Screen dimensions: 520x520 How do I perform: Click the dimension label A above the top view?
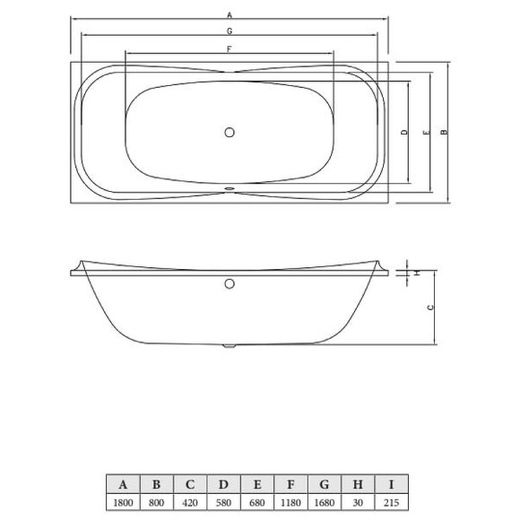(230, 15)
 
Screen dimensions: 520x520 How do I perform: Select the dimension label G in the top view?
(230, 31)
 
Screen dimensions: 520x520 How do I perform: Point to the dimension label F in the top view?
(230, 48)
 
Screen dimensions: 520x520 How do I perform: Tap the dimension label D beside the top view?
(405, 133)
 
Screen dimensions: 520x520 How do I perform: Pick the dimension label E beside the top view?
(428, 133)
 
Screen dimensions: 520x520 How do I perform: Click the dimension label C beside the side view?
(430, 307)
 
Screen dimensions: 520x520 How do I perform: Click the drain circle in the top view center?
(230, 133)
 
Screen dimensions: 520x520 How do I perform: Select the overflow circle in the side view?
(230, 285)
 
